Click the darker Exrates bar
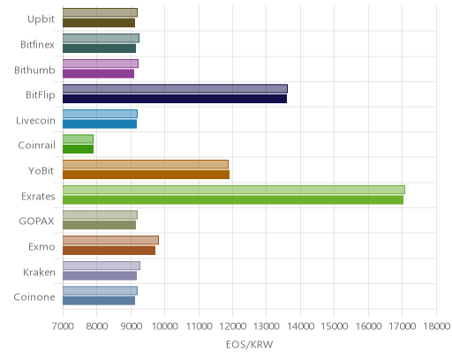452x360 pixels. (233, 200)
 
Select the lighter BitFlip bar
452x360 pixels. (175, 88)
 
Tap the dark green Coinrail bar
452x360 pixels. (78, 149)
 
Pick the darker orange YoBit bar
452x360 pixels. (146, 175)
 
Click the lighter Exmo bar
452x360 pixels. (110, 240)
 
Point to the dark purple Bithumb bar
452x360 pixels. (98, 73)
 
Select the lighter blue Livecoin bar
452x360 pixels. (100, 114)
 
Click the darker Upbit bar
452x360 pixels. (99, 23)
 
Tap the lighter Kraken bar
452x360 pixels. (102, 266)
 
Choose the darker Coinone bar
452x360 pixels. (99, 301)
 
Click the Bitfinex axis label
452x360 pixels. (37, 45)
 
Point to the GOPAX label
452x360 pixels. (36, 221)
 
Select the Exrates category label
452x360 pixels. (38, 196)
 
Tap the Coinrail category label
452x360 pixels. (36, 145)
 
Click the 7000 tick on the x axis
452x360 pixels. (63, 326)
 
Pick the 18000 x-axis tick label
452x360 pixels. (436, 326)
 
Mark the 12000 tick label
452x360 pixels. (233, 326)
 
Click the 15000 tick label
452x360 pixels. (335, 326)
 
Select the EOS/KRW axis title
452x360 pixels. (249, 344)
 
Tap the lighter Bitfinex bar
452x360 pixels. (101, 38)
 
